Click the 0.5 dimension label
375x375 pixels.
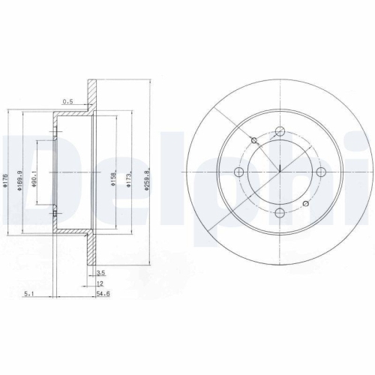(68, 101)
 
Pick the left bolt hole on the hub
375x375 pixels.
(239, 172)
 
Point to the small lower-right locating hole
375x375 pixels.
(304, 204)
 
